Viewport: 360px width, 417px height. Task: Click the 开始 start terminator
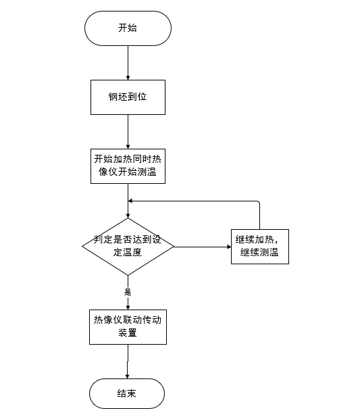(x=128, y=28)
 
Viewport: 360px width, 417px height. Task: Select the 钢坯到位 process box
(x=128, y=97)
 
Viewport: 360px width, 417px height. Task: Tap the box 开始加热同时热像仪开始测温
(x=128, y=166)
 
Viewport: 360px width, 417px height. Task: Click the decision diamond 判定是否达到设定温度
(x=128, y=246)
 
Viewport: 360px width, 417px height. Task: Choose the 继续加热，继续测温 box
(x=259, y=246)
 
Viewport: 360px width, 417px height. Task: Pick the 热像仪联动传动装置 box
(x=128, y=326)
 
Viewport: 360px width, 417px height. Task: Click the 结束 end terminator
(x=128, y=393)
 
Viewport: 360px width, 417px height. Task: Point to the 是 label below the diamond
(x=128, y=293)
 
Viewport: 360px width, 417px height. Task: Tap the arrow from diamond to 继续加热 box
(x=202, y=247)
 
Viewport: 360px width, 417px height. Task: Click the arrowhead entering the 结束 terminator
(x=128, y=375)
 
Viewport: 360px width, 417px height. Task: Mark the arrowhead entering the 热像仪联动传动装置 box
(x=128, y=306)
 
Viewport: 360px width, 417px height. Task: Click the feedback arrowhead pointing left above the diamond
(x=132, y=201)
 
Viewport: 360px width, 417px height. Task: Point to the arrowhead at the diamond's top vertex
(x=128, y=214)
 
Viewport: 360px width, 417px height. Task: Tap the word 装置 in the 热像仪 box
(x=128, y=333)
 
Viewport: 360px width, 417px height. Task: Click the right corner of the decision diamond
(x=174, y=247)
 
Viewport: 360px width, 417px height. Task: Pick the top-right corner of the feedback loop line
(x=259, y=201)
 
